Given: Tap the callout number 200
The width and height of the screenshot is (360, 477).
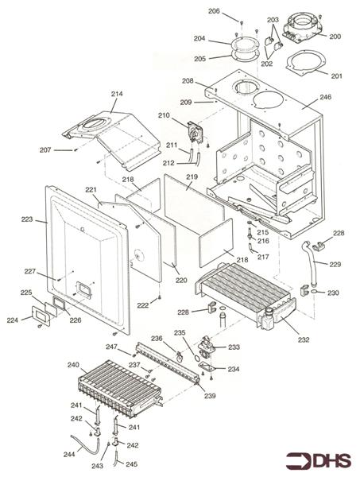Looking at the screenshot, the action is click(x=335, y=37).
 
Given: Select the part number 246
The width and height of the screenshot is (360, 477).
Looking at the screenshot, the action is click(x=325, y=97).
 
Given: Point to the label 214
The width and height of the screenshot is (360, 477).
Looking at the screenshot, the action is click(x=117, y=94).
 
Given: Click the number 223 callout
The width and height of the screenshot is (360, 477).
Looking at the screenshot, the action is click(x=27, y=219).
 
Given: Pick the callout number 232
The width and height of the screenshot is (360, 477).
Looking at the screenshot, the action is click(x=304, y=339).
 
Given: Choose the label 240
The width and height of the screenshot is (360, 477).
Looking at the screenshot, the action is click(x=73, y=365).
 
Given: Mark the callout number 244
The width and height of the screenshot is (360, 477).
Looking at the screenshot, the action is click(x=69, y=455).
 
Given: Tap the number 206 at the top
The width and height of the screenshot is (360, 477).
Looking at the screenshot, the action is click(x=214, y=11).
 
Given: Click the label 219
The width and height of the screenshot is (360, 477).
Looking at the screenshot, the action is click(x=192, y=176).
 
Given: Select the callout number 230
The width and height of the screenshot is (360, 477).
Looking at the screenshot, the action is click(x=333, y=293).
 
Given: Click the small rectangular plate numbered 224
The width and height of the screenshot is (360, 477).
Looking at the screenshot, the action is click(x=41, y=315).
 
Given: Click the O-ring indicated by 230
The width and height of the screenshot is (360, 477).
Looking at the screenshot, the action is click(x=315, y=293).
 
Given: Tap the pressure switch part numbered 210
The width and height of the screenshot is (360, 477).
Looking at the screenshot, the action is click(x=195, y=132).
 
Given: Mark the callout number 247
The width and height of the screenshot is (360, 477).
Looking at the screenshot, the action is click(x=111, y=347).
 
